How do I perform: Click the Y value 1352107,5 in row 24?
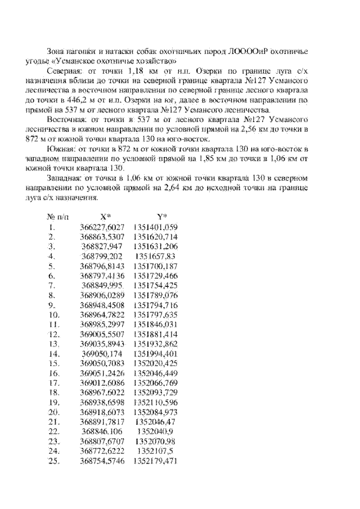(x=156, y=452)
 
